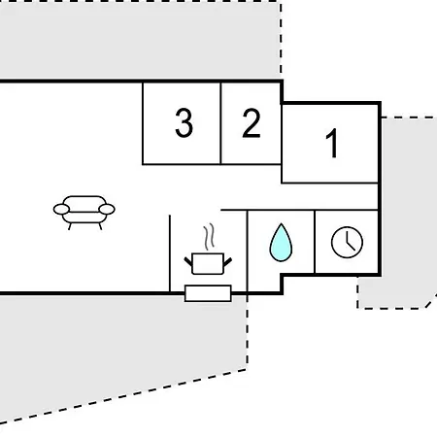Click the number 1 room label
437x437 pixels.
tap(332, 143)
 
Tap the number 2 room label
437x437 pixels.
tap(252, 123)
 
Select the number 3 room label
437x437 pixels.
tap(184, 123)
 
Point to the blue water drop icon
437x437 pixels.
tap(281, 243)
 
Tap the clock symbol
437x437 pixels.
tap(347, 242)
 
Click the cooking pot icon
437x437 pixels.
tap(208, 263)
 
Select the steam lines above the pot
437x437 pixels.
tap(210, 237)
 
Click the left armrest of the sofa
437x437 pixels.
tap(61, 209)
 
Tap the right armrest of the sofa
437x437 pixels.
tap(107, 209)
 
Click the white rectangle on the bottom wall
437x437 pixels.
tap(208, 293)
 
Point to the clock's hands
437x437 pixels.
tap(350, 242)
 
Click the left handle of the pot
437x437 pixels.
tap(188, 261)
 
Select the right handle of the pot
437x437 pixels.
tap(228, 261)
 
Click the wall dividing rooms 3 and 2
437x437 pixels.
tap(220, 123)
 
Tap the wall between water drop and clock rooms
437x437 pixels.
tap(315, 242)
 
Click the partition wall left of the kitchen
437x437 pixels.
tap(170, 253)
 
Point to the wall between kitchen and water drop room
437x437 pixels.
tap(248, 252)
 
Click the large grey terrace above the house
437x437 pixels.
tap(140, 39)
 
